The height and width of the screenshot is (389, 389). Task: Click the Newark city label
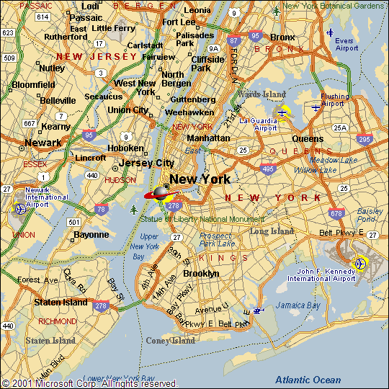[x=43, y=143]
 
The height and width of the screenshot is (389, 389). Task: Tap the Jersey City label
[x=147, y=163]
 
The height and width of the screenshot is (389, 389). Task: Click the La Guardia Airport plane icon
[x=283, y=111]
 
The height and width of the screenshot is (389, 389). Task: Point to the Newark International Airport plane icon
[x=19, y=209]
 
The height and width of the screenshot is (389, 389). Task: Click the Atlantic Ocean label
[x=308, y=380]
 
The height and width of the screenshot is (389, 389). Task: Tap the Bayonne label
[x=91, y=235]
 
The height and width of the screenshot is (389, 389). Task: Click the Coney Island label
[x=171, y=341]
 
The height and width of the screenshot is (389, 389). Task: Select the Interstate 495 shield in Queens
[x=268, y=169]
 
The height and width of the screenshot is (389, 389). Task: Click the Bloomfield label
[x=34, y=84]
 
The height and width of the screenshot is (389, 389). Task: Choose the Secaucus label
[x=103, y=97]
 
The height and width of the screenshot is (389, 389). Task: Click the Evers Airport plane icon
[x=330, y=32]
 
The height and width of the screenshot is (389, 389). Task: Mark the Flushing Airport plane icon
[x=316, y=107]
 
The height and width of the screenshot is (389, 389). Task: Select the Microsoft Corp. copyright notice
[x=89, y=383]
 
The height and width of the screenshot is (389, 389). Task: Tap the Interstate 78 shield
[x=102, y=209]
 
